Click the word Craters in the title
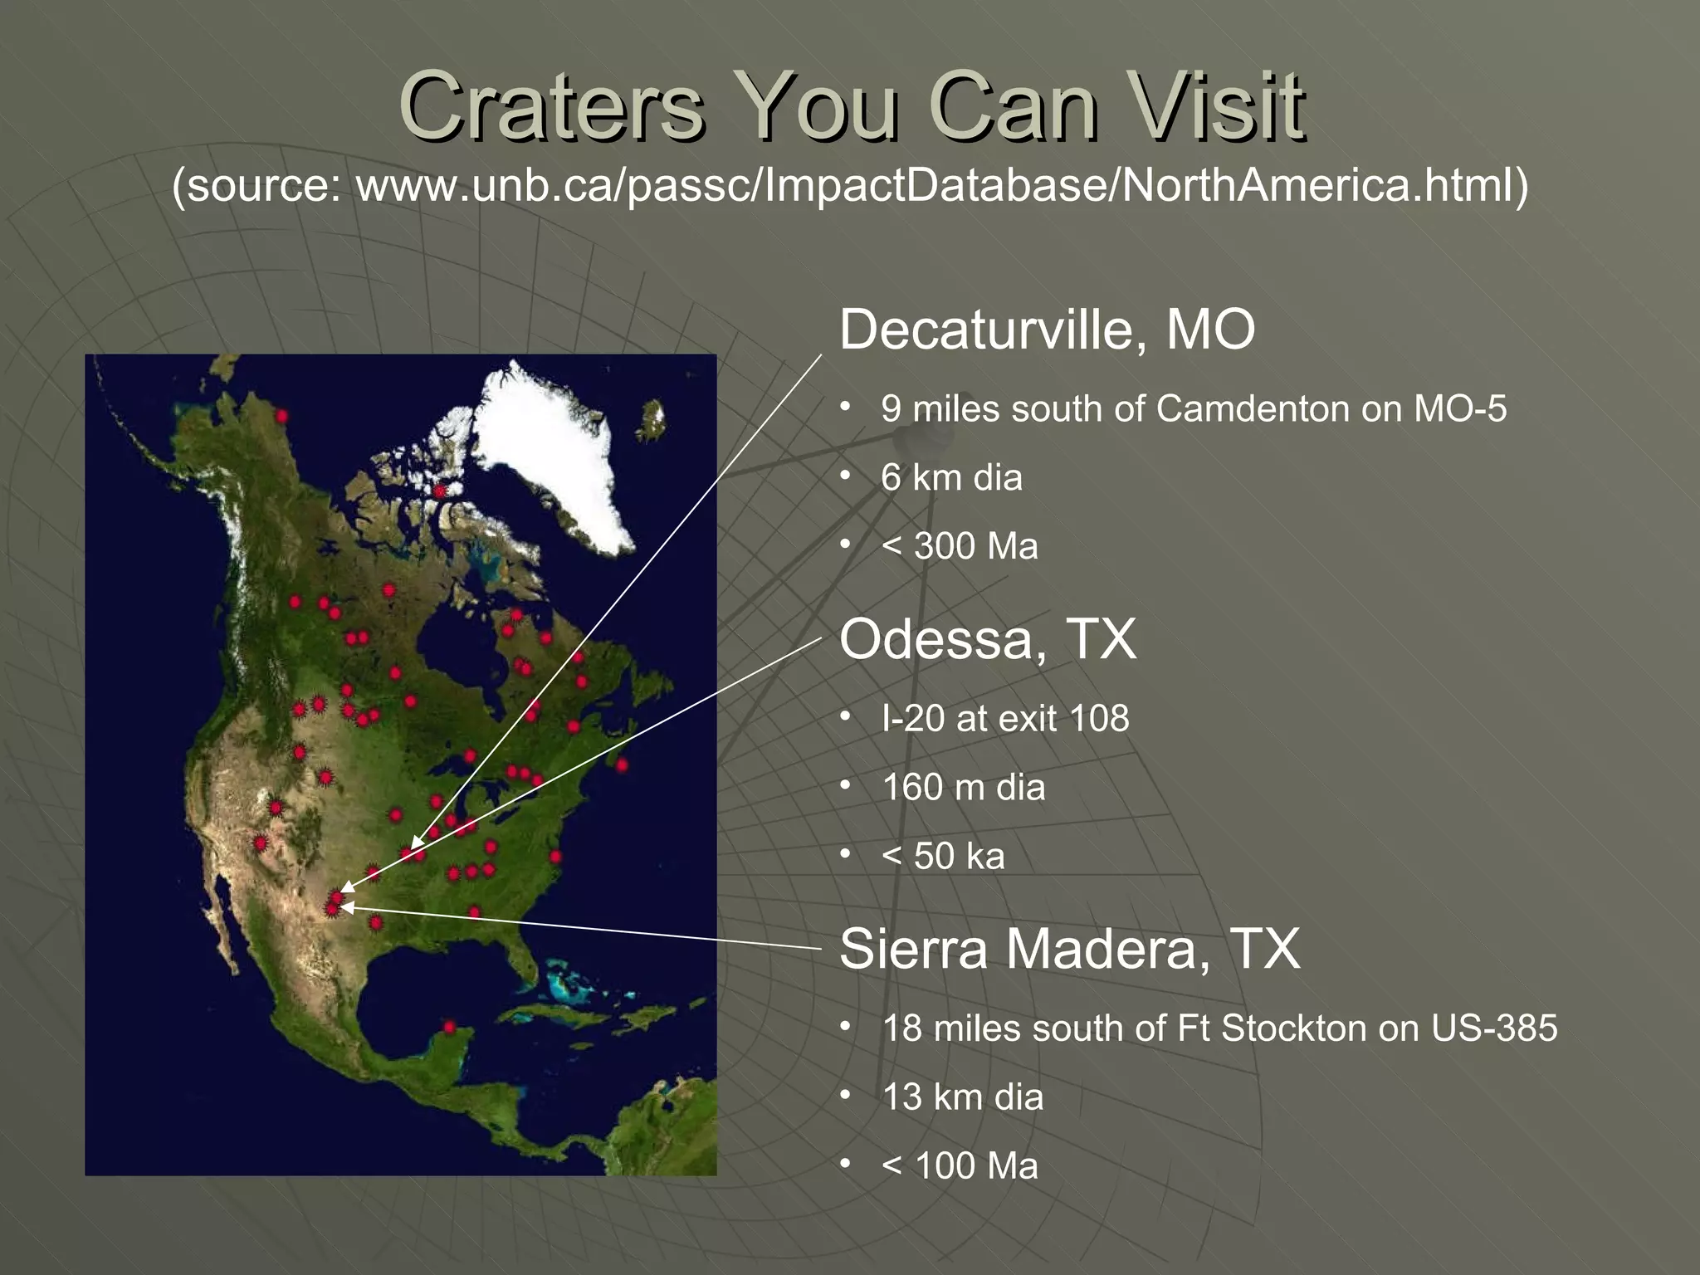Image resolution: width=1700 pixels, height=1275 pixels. [552, 108]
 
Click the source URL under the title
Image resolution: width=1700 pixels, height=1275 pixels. [850, 184]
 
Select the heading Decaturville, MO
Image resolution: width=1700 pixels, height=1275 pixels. [1047, 330]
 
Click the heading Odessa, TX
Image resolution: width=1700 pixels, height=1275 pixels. [987, 639]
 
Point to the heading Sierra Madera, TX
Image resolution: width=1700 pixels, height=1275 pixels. [1069, 949]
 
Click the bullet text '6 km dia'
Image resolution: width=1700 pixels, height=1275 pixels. [951, 478]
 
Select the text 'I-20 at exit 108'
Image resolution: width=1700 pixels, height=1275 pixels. [1005, 719]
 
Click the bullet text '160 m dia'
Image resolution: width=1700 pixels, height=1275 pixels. [963, 788]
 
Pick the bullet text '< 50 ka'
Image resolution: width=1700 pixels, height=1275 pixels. [943, 857]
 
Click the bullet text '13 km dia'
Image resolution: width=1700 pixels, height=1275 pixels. [962, 1097]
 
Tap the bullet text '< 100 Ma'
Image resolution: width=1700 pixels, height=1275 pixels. [960, 1166]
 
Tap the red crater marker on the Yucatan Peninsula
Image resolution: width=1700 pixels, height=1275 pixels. [449, 1027]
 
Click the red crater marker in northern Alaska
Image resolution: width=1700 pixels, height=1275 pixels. [282, 415]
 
